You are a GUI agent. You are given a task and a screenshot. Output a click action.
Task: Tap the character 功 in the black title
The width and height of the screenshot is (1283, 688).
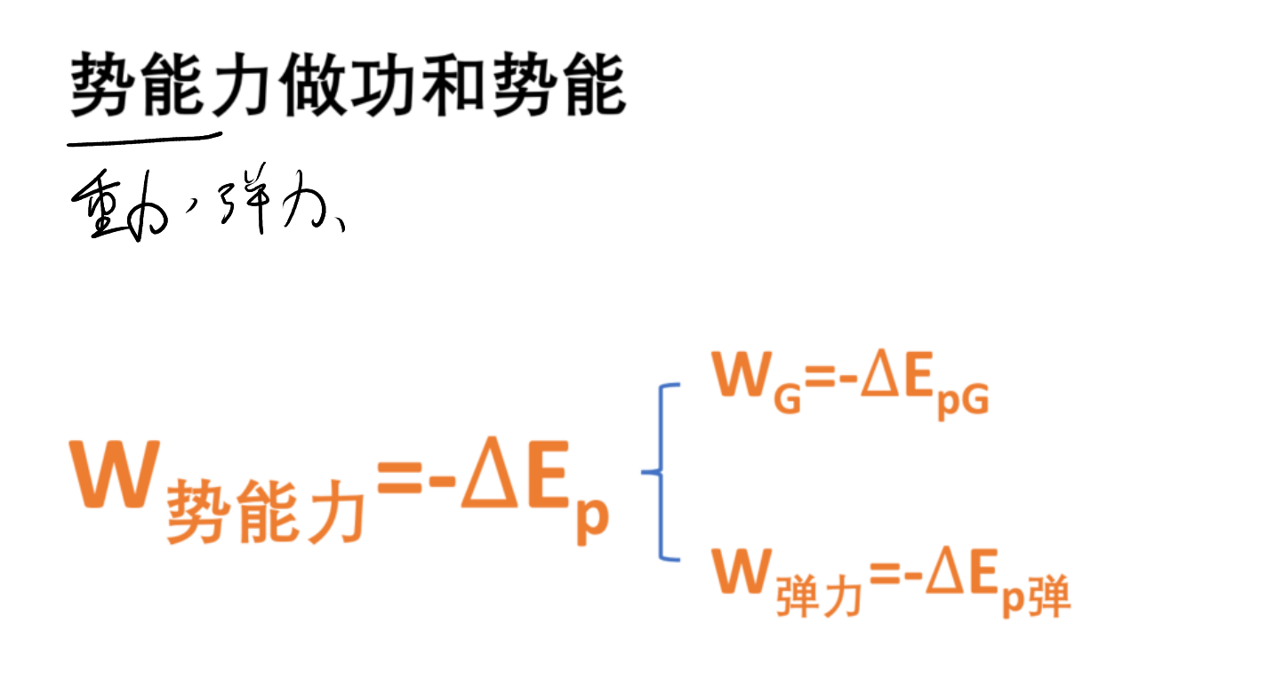[382, 84]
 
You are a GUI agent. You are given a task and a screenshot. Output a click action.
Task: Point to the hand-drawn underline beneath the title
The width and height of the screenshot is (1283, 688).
[144, 140]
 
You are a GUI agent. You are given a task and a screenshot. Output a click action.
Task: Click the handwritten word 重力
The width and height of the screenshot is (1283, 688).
[119, 205]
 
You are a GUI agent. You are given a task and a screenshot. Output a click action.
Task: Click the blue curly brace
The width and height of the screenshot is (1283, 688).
[661, 471]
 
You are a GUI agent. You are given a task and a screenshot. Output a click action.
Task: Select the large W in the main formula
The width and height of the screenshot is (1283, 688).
[114, 474]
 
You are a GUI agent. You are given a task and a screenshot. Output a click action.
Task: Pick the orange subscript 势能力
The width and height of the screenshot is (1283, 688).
[265, 512]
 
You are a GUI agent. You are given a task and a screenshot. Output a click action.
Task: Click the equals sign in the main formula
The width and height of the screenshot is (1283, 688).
[400, 476]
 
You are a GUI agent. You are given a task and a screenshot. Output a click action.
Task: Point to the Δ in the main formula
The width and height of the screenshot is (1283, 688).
[488, 473]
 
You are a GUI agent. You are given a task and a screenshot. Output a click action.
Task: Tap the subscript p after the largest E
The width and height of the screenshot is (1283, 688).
[592, 518]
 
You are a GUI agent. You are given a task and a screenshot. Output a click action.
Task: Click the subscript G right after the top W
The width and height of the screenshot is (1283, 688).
[787, 399]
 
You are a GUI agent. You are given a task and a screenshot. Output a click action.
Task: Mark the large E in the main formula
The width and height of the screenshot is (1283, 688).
[548, 474]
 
